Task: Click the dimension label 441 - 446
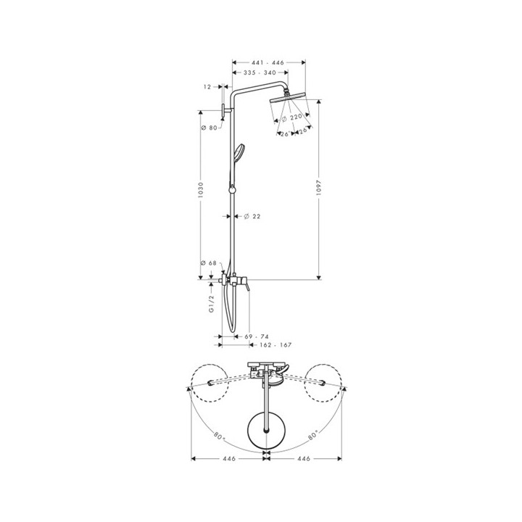268,62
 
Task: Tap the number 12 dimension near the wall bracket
207,86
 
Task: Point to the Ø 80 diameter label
209,128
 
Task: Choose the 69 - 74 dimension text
256,338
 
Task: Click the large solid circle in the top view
268,430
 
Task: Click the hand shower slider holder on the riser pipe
231,190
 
